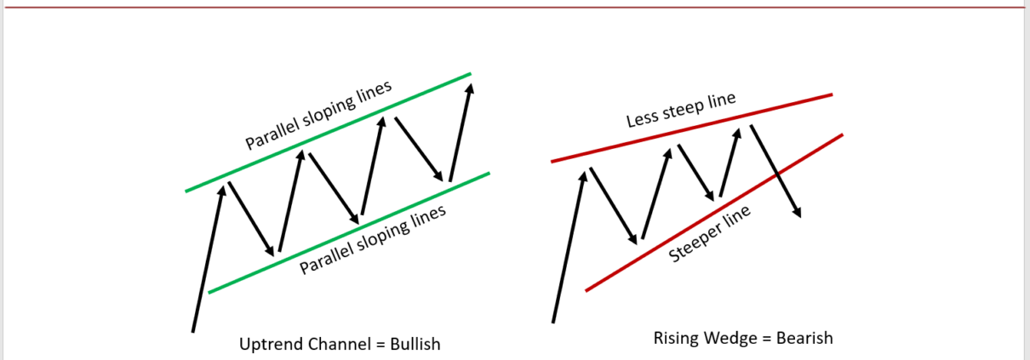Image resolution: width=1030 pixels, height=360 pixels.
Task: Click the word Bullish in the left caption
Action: tap(415, 344)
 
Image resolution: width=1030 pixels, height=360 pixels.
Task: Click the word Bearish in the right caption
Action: tap(804, 338)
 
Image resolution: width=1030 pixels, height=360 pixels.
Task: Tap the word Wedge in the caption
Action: tap(729, 338)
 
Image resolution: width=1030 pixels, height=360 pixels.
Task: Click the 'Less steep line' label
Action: tap(681, 111)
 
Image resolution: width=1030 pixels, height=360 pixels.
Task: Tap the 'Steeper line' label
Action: tap(710, 235)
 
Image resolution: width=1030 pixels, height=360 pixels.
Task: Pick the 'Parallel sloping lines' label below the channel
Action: tap(373, 241)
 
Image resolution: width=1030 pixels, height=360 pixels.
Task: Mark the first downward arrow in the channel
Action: tap(252, 218)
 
